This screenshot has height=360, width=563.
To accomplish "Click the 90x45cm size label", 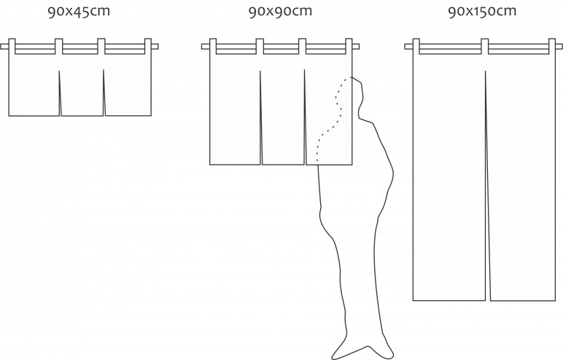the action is pos(79,12).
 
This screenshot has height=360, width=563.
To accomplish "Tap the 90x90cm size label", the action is pos(281,12).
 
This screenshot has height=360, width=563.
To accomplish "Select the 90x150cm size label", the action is pos(482,12).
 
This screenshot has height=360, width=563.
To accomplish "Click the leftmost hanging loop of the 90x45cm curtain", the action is pos(12,47).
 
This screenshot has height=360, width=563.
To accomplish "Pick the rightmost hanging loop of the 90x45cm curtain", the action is pos(148,47).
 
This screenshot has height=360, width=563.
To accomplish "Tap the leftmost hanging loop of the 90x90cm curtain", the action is pos(212,47).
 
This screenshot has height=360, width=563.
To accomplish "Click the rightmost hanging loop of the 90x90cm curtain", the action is pos(349,47).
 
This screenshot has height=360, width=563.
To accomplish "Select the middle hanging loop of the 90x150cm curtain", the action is pos(485,47).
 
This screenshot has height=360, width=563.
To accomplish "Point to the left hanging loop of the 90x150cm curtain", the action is pos(416,47).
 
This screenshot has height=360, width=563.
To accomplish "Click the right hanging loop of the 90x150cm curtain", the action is pos(552,47).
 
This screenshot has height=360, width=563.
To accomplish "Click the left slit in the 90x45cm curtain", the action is pos(60,93).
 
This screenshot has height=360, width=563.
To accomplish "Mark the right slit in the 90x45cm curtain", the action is pos(104,93).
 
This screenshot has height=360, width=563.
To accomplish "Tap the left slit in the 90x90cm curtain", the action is pos(261,118).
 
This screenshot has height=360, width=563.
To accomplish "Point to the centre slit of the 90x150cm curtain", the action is pos(487,186).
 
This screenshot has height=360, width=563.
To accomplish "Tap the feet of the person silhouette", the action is pos(362,352).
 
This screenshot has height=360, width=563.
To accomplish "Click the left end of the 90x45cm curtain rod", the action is pos(1,47).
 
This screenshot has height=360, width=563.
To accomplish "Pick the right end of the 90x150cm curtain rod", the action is pos(562,47).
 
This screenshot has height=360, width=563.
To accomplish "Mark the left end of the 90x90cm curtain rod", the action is pos(202,47).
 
